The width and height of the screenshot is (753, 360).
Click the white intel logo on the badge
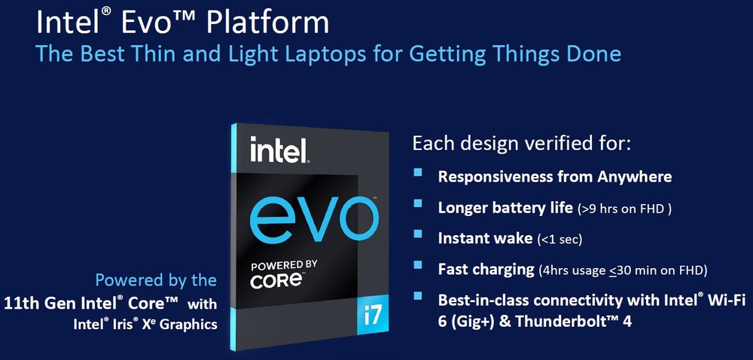[279, 150]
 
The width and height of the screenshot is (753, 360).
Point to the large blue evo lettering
[312, 220]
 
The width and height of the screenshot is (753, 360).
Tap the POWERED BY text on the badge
[283, 265]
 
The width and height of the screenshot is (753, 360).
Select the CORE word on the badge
[275, 281]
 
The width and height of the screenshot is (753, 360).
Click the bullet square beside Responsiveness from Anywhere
[418, 172]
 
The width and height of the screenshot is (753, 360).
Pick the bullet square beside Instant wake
[418, 233]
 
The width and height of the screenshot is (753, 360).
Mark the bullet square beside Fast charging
[418, 265]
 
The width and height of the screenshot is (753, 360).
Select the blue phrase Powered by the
[156, 280]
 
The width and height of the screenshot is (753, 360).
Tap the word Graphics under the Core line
[188, 325]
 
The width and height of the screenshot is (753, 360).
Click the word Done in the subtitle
[597, 53]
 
